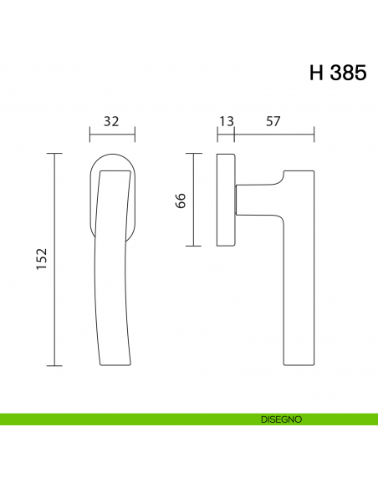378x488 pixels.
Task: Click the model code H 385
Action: pyautogui.click(x=337, y=73)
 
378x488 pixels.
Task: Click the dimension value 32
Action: pyautogui.click(x=111, y=122)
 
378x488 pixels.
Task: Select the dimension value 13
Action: pyautogui.click(x=225, y=122)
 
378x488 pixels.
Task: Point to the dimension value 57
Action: pyautogui.click(x=273, y=122)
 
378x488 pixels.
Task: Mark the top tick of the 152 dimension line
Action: pyautogui.click(x=54, y=154)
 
